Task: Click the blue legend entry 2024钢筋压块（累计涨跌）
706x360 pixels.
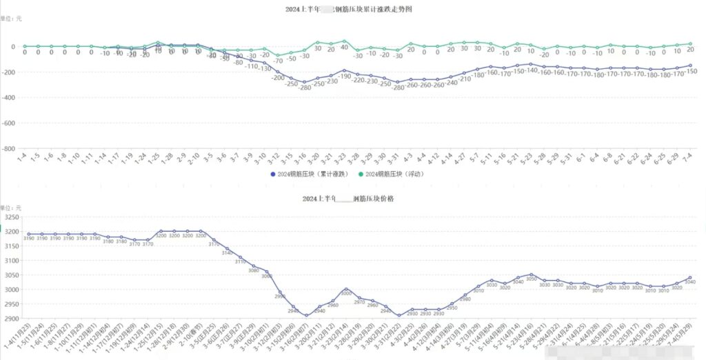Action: point(309,174)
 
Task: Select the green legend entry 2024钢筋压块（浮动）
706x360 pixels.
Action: point(394,174)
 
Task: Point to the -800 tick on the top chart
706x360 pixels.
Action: point(8,148)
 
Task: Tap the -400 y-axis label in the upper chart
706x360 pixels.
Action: point(8,97)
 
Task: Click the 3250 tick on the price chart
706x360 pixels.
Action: point(10,217)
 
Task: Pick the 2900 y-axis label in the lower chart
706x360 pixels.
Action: point(10,318)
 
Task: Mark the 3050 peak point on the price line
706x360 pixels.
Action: point(531,274)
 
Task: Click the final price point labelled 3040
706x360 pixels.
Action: point(690,278)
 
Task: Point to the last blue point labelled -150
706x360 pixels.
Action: point(690,66)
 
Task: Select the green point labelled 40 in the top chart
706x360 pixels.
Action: point(344,41)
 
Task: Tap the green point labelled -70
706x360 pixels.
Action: point(278,55)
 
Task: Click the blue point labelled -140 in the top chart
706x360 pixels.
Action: point(531,64)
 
